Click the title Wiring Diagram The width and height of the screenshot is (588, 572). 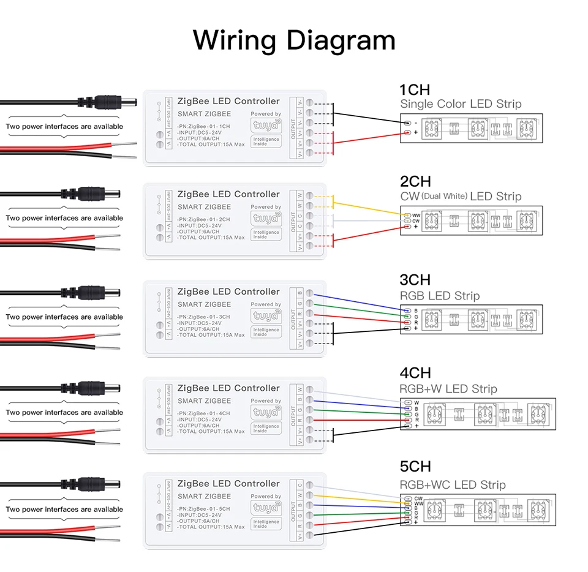click(294, 40)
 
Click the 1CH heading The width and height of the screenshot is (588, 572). click(415, 90)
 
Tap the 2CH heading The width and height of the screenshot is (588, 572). click(415, 181)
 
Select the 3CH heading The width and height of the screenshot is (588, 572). click(415, 280)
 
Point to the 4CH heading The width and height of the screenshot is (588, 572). click(415, 373)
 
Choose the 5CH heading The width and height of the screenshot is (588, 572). click(415, 467)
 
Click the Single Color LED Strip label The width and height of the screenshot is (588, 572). click(461, 104)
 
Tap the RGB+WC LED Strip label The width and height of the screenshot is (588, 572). click(453, 485)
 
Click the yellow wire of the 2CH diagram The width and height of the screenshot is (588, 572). click(367, 208)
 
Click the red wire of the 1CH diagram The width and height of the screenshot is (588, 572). click(367, 138)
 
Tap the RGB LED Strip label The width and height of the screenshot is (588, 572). click(439, 296)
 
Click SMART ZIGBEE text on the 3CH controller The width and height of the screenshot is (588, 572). click(204, 304)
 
